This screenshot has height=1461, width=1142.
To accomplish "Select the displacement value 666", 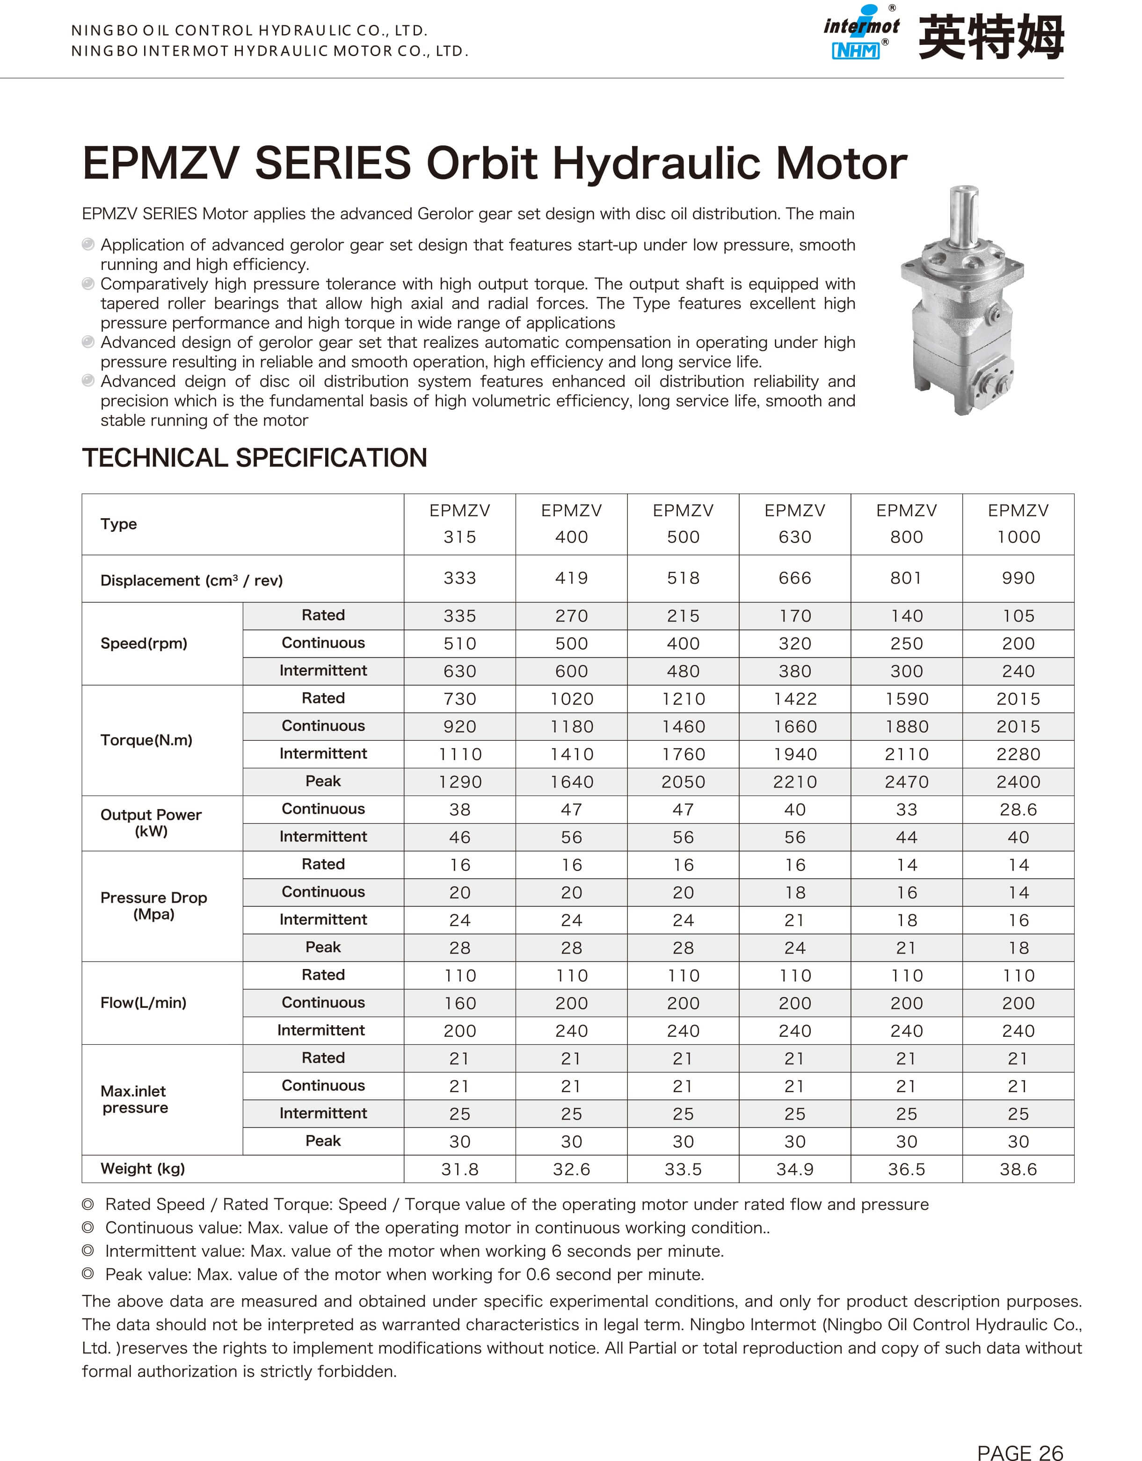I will (795, 578).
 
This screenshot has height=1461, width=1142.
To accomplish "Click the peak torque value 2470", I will (907, 781).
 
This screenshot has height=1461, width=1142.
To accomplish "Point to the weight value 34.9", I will (795, 1169).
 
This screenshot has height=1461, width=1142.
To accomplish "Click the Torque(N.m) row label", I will (146, 740).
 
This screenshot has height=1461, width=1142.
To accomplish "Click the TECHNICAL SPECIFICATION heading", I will (254, 458).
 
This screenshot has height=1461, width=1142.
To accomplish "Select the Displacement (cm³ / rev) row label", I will (191, 580).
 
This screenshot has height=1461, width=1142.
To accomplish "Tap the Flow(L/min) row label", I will (143, 1002).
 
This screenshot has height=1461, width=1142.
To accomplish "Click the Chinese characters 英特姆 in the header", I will (991, 37).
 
